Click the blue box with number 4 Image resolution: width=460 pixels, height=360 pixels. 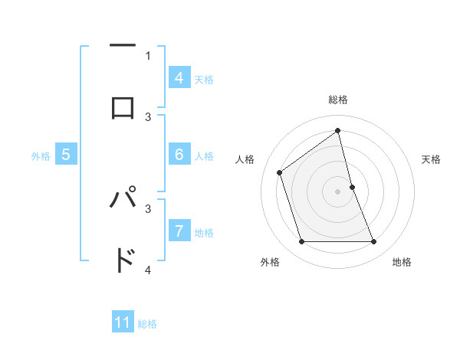(179, 78)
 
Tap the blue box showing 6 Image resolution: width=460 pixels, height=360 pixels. (179, 155)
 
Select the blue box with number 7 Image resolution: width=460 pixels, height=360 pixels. (179, 231)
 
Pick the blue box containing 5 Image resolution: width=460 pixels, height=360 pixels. (66, 155)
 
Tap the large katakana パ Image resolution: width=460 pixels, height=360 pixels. (123, 199)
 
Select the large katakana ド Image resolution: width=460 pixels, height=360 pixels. (123, 261)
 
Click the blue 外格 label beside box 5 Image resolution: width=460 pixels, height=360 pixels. (41, 156)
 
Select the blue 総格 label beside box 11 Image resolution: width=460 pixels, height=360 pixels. (147, 324)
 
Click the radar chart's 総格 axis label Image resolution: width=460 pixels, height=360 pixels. (338, 100)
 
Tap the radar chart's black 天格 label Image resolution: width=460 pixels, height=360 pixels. (432, 159)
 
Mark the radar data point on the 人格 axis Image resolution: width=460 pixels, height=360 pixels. (280, 172)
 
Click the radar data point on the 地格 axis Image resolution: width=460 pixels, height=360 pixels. (373, 242)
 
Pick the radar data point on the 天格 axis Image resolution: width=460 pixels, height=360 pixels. (352, 187)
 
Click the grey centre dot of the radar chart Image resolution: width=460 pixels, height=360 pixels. (338, 191)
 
